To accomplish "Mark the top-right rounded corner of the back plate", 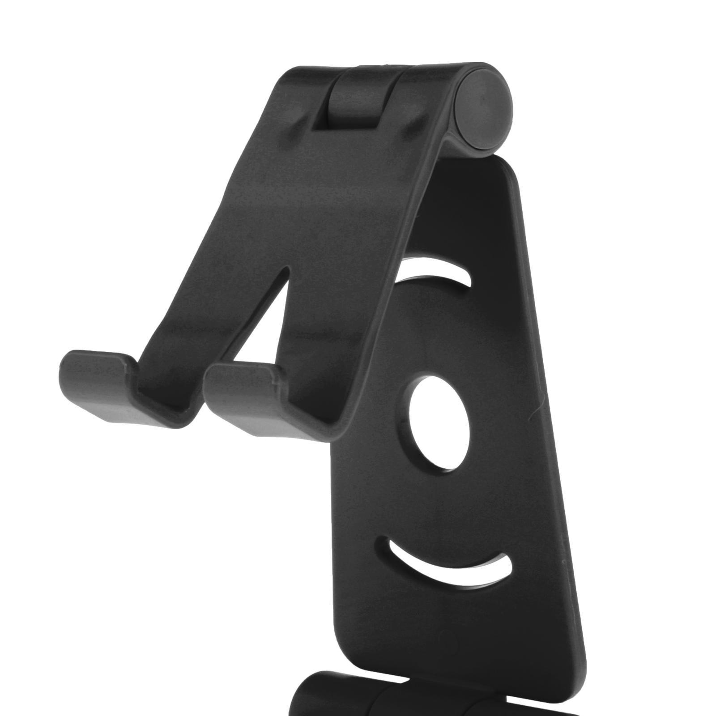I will click(508, 172).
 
